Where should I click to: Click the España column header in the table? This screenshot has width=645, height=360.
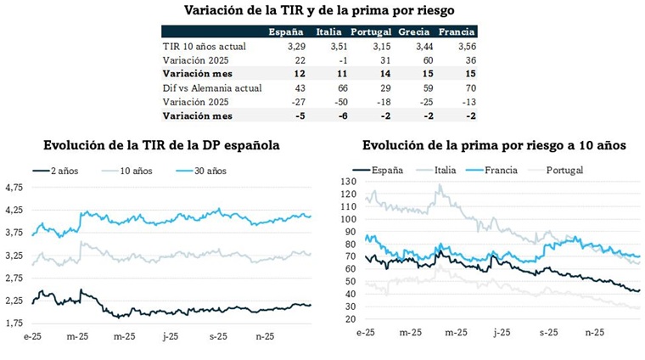pos(286,31)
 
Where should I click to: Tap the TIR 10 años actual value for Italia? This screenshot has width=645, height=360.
pos(328,47)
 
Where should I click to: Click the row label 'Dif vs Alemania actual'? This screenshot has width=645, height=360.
pos(213,87)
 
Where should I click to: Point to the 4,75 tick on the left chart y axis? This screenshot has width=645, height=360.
pos(15,187)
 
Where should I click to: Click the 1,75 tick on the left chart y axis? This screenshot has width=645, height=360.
pos(15,323)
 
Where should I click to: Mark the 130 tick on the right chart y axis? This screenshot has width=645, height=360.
pos(347,182)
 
